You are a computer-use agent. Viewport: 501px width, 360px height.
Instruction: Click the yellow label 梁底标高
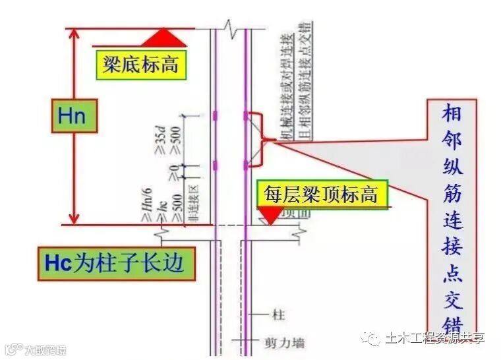[140, 65]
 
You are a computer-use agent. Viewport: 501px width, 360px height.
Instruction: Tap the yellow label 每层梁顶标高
[320, 194]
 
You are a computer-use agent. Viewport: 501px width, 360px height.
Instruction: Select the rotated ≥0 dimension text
[173, 173]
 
